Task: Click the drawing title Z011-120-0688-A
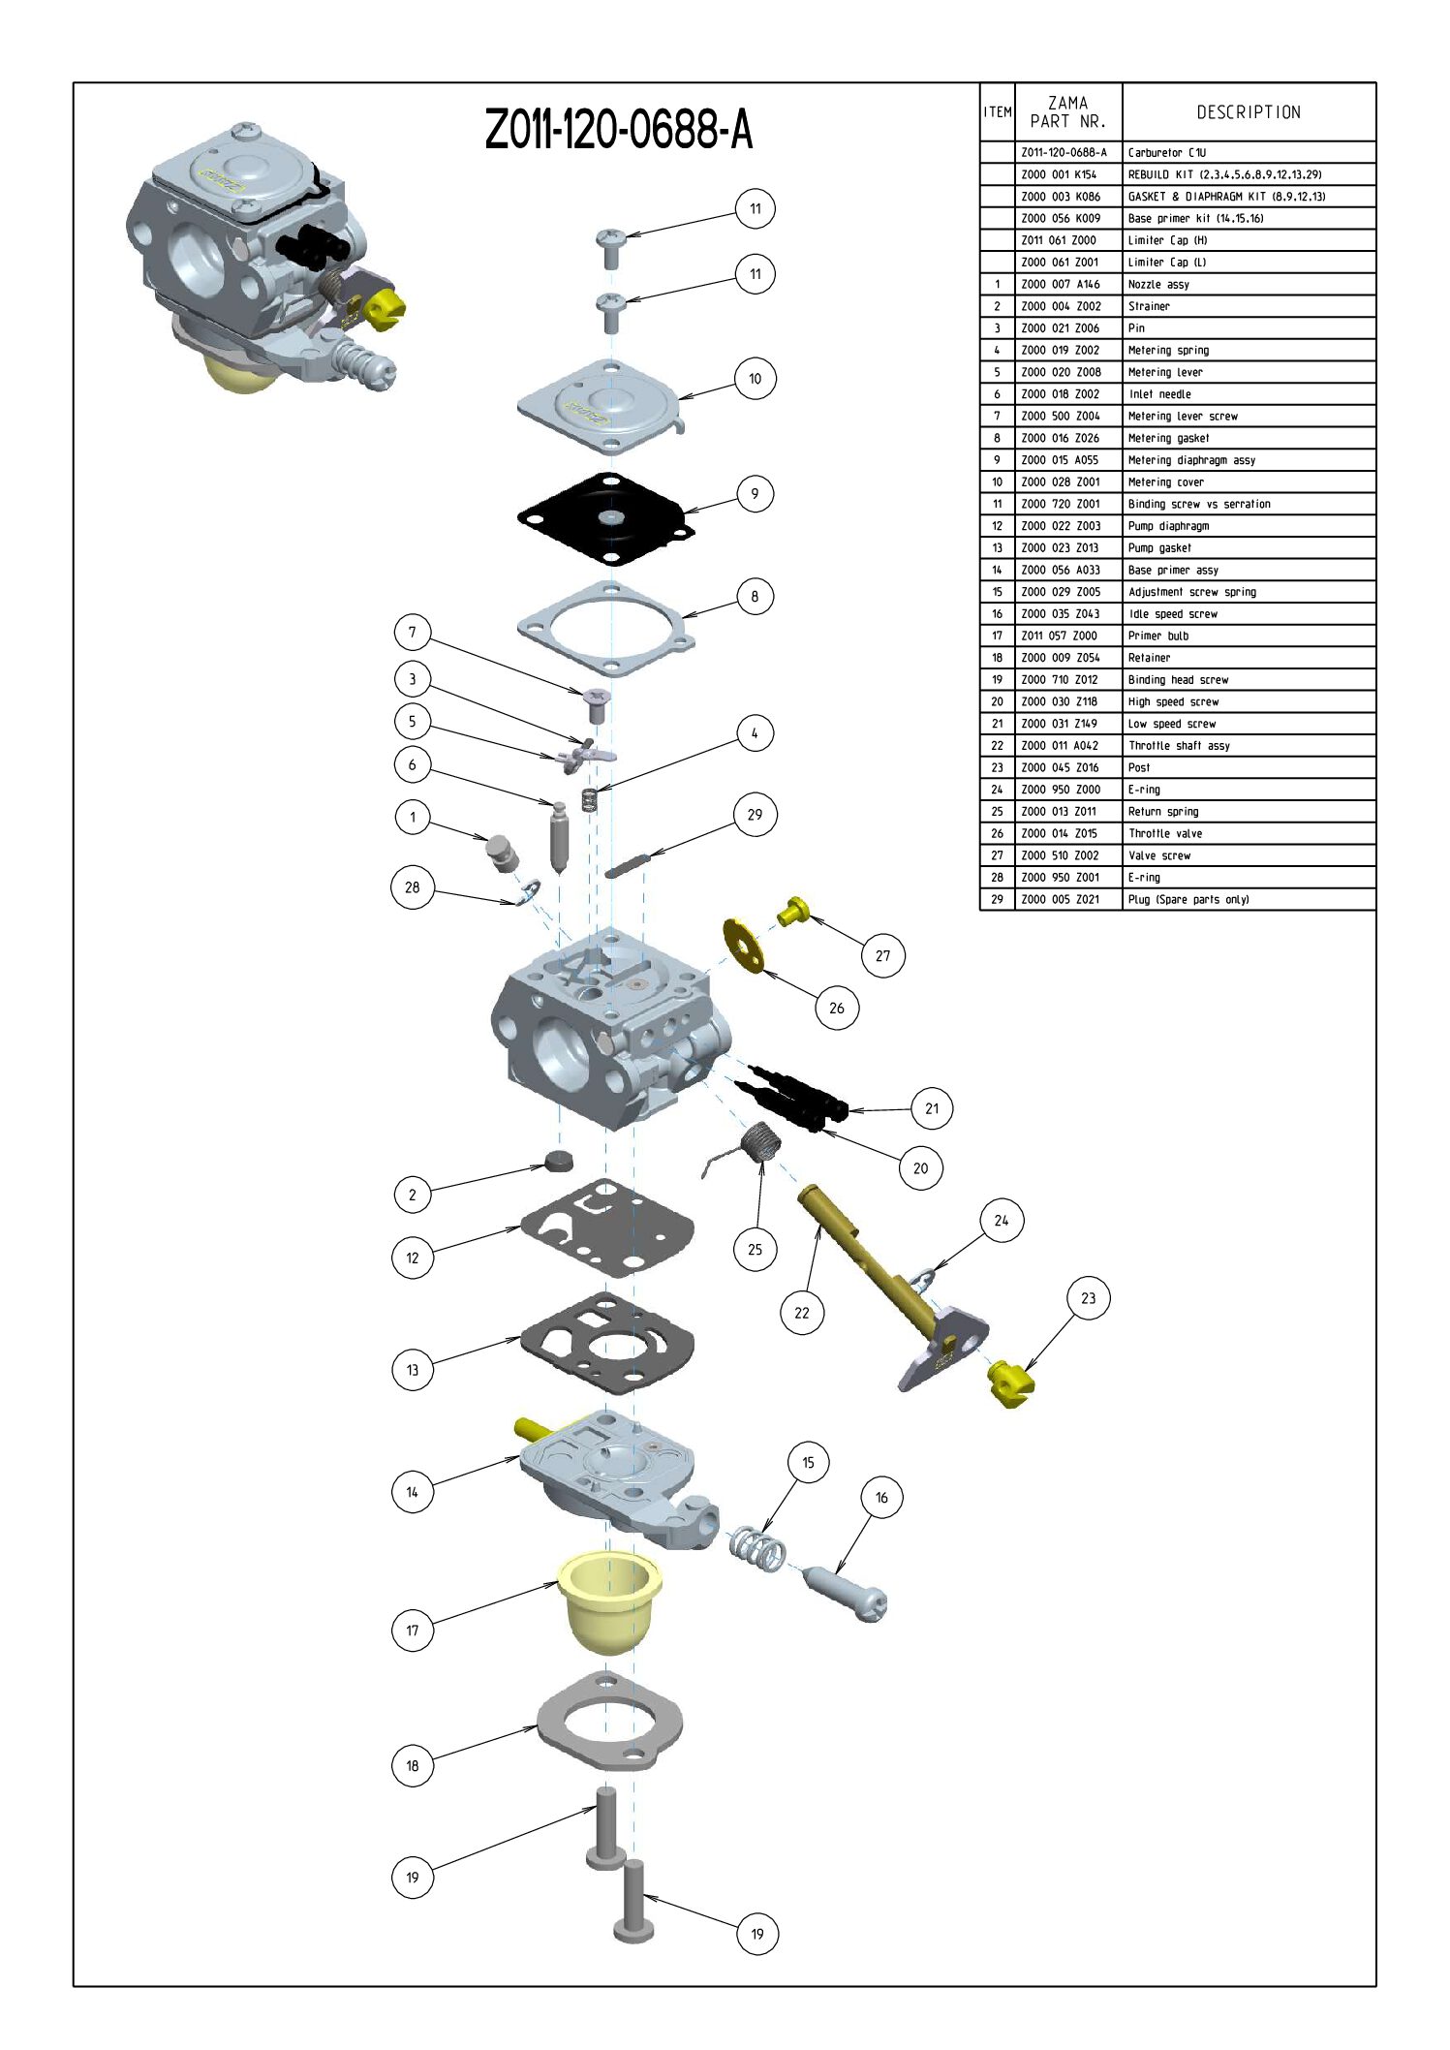[x=618, y=130]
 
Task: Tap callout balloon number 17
[x=413, y=1631]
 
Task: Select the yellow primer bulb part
[x=609, y=1599]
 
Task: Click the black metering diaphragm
[x=607, y=518]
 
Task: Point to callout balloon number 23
[x=1088, y=1298]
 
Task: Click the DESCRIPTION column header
[x=1248, y=112]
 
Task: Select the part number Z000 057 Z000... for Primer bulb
[x=1059, y=636]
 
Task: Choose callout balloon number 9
[x=755, y=494]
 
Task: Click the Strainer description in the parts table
[x=1149, y=306]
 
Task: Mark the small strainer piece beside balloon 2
[x=559, y=1160]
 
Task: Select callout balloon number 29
[x=755, y=815]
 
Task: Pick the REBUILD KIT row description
[x=1224, y=175]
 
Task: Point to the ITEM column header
[x=998, y=112]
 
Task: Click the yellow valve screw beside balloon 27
[x=793, y=912]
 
